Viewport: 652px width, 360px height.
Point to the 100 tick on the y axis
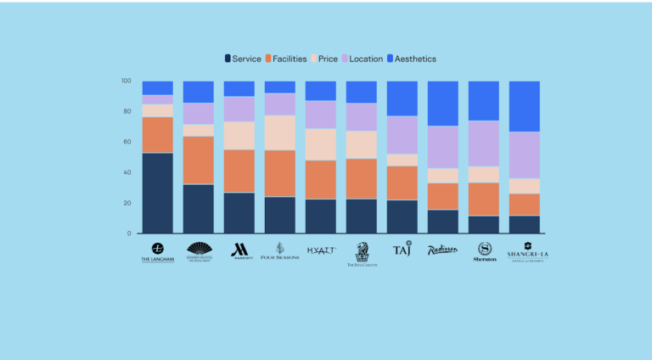126,82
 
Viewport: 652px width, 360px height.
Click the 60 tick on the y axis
126,142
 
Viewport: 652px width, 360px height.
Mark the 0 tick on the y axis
128,233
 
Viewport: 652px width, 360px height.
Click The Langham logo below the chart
157,252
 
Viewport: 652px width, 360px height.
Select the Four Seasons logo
280,251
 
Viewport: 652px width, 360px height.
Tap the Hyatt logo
321,250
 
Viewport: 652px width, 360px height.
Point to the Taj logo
402,249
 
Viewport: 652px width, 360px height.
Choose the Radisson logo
442,250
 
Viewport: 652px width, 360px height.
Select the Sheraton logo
485,251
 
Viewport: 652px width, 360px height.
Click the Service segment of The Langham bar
158,193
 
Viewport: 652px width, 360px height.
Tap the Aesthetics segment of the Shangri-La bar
525,106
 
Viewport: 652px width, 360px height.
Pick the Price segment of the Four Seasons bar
280,132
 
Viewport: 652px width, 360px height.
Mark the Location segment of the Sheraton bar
484,143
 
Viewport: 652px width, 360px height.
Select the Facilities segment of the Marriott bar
239,171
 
